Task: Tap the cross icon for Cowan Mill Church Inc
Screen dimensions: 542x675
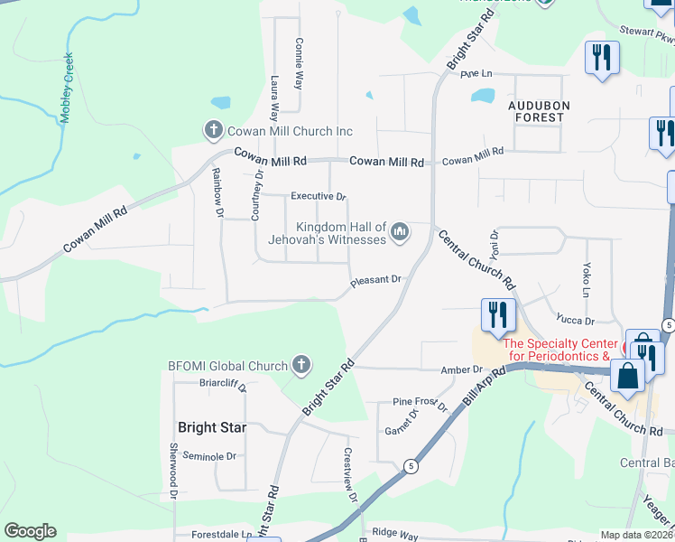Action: [x=213, y=131]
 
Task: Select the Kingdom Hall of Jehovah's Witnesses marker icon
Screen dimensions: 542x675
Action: [x=400, y=233]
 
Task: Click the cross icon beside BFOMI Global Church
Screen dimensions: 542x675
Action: [x=301, y=366]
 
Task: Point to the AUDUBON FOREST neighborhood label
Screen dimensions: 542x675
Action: [x=539, y=111]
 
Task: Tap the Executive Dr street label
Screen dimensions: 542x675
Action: [x=318, y=196]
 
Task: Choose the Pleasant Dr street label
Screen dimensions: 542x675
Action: [x=375, y=281]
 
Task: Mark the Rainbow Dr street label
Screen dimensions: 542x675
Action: [x=217, y=192]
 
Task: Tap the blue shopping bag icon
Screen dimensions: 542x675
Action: [x=628, y=376]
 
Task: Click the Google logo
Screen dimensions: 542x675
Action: [x=30, y=531]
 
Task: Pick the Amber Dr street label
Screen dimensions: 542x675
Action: [x=462, y=370]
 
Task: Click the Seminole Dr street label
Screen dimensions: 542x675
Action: [x=208, y=457]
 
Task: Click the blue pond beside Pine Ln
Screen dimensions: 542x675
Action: [x=485, y=95]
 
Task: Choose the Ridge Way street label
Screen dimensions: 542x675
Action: [x=396, y=534]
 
